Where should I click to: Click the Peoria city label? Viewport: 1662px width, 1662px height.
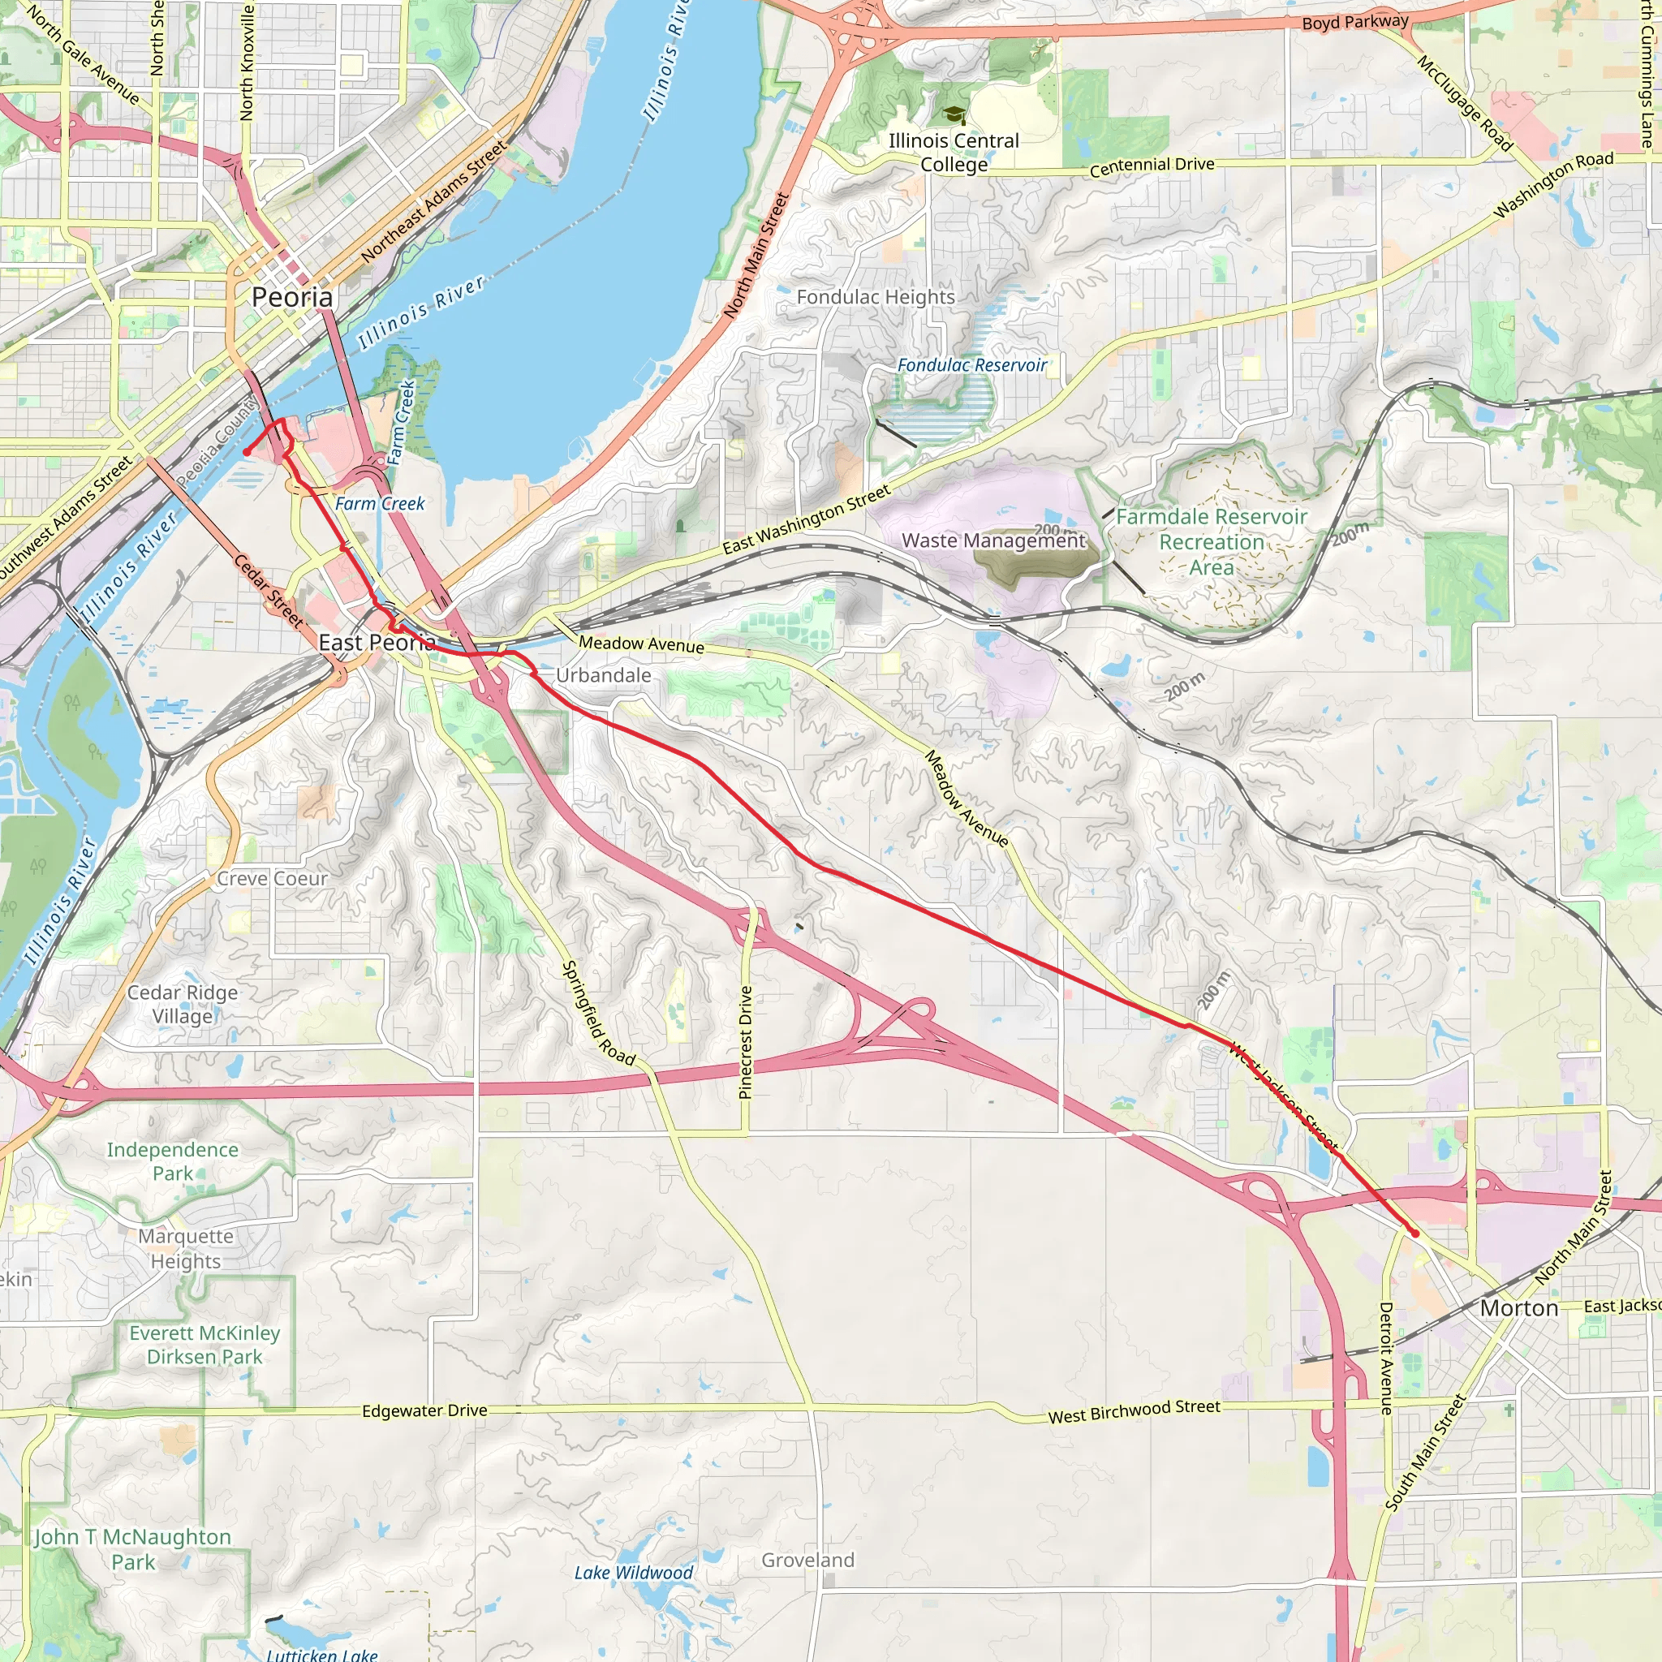(291, 298)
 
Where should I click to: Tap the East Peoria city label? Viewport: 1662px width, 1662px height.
(377, 643)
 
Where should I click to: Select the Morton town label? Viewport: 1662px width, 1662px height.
(1518, 1308)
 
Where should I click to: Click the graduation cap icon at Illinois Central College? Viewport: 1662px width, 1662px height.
(954, 114)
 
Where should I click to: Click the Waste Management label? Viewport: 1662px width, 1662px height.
(993, 541)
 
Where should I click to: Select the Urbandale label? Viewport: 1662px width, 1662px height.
(603, 676)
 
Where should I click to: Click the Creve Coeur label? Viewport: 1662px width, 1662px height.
(272, 879)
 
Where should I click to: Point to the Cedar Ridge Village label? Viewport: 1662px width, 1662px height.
(183, 1004)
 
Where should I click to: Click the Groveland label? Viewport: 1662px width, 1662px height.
(807, 1561)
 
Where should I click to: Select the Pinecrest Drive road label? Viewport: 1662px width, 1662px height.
(746, 1042)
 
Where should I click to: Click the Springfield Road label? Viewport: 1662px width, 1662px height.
(598, 1014)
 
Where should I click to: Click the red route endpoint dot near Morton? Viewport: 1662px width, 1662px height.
(1414, 1234)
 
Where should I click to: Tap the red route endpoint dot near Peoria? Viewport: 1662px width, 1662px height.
(247, 452)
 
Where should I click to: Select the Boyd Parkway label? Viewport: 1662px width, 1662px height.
(1355, 23)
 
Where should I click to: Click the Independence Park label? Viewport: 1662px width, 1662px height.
(172, 1161)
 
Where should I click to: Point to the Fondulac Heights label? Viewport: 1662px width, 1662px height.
(875, 298)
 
